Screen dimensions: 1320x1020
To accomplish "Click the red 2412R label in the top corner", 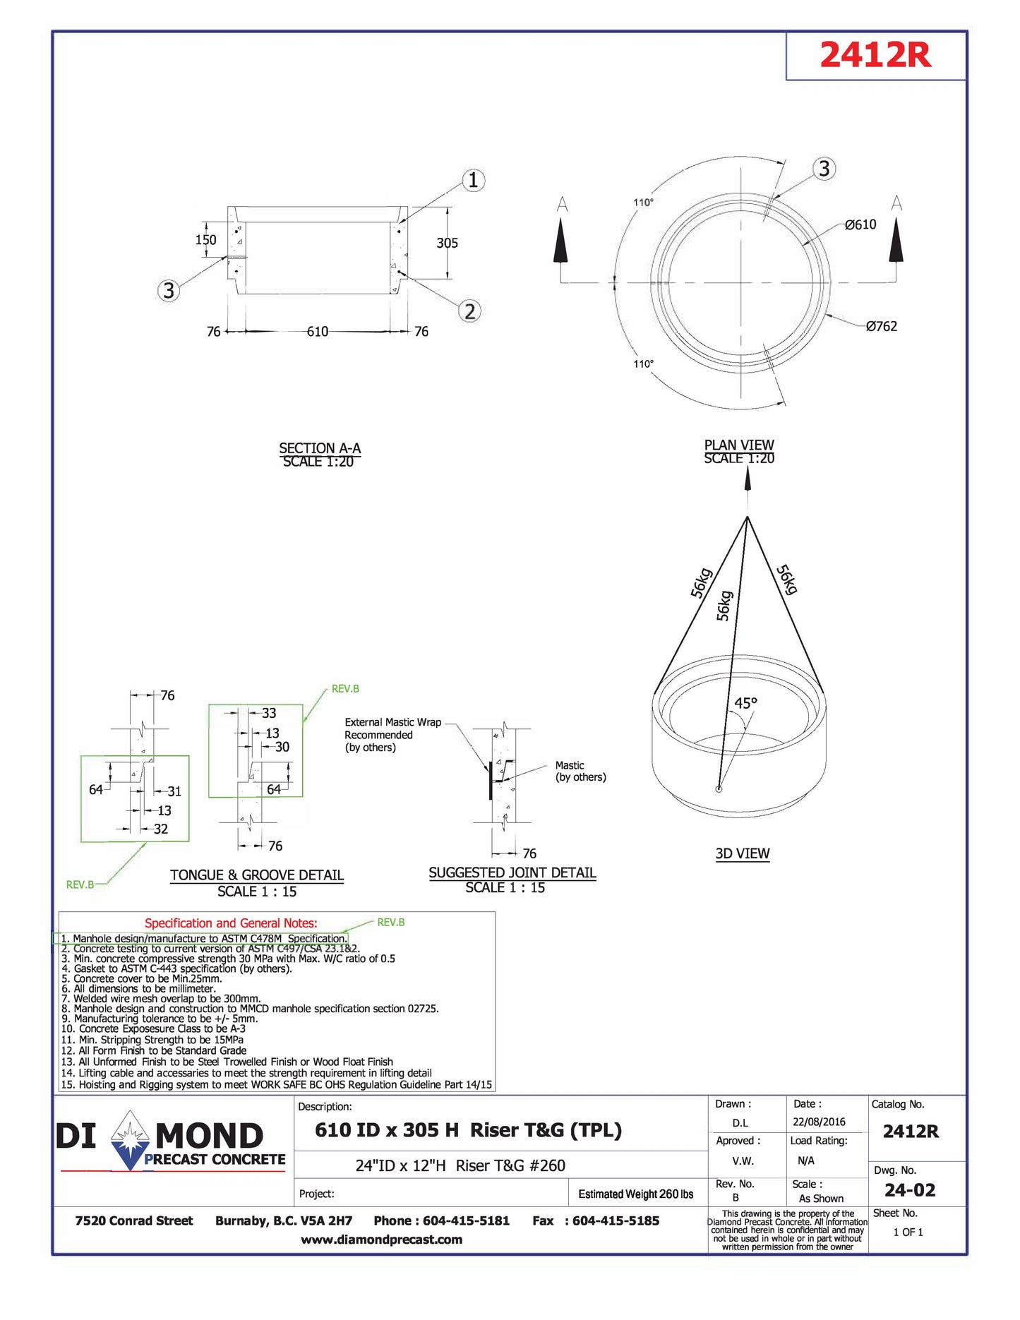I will pyautogui.click(x=875, y=55).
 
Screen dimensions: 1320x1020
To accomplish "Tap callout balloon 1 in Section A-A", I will pyautogui.click(x=473, y=180).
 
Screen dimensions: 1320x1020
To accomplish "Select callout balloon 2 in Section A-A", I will pyautogui.click(x=470, y=311).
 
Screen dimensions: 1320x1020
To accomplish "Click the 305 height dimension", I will pyautogui.click(x=447, y=243).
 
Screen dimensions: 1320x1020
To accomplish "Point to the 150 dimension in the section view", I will pyautogui.click(x=205, y=240).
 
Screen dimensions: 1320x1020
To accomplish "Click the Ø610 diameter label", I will pyautogui.click(x=860, y=224).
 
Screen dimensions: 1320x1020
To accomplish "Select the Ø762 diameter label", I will pyautogui.click(x=882, y=326).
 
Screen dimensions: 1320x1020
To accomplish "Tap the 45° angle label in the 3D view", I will pyautogui.click(x=745, y=703).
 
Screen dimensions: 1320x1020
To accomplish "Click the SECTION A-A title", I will pyautogui.click(x=320, y=448).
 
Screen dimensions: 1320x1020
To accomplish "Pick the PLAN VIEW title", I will pyautogui.click(x=739, y=445).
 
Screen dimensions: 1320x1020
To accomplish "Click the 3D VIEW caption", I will pyautogui.click(x=743, y=853).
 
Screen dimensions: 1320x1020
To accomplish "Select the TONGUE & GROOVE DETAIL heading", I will pyautogui.click(x=257, y=875).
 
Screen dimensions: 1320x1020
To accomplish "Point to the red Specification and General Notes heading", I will pyautogui.click(x=231, y=923).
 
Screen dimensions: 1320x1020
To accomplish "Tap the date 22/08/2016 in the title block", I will pyautogui.click(x=819, y=1122).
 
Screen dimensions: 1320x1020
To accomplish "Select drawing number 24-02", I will pyautogui.click(x=910, y=1190).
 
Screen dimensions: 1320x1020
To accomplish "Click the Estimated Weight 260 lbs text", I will pyautogui.click(x=635, y=1194).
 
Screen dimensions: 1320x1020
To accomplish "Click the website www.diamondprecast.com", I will pyautogui.click(x=381, y=1240).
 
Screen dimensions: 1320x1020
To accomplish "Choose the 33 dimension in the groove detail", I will pyautogui.click(x=269, y=713).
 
